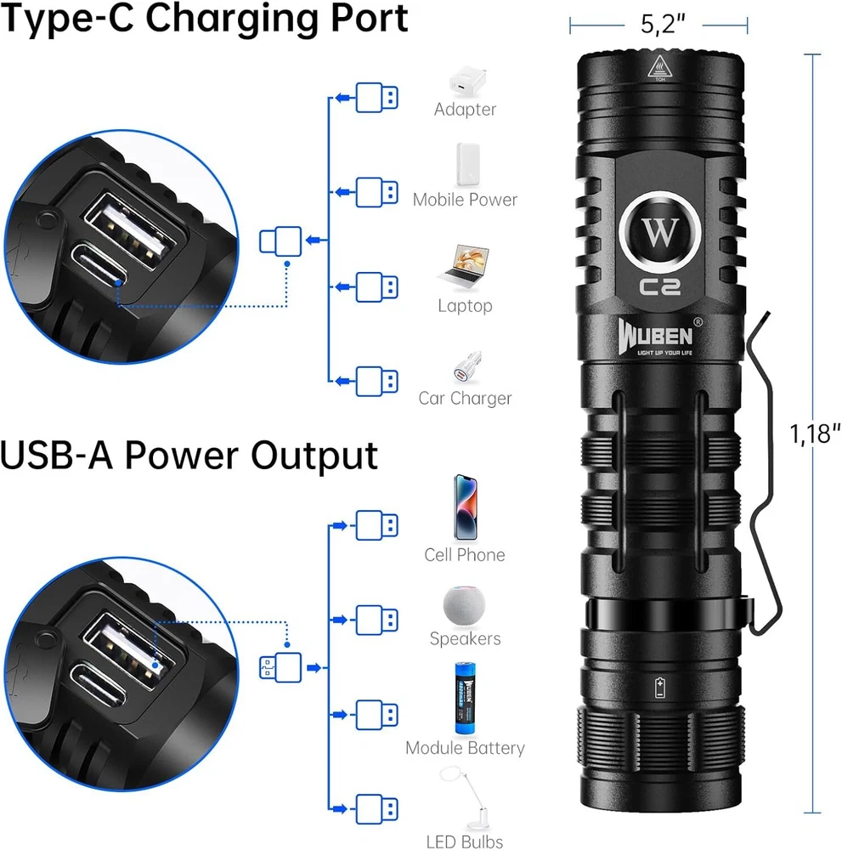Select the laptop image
pyautogui.click(x=464, y=267)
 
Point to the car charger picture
pyautogui.click(x=465, y=365)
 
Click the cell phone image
pyautogui.click(x=464, y=507)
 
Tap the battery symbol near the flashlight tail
pyautogui.click(x=660, y=688)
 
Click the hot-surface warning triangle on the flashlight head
pyautogui.click(x=658, y=68)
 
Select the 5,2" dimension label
pyautogui.click(x=658, y=26)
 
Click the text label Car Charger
pyautogui.click(x=465, y=399)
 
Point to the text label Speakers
pyautogui.click(x=465, y=638)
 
